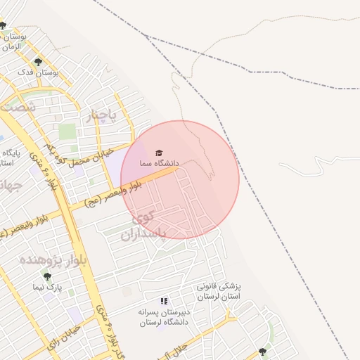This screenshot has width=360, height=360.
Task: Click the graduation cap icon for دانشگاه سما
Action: point(159,153)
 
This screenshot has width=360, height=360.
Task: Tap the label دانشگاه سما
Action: point(159,163)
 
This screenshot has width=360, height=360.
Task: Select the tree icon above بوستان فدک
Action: point(39,62)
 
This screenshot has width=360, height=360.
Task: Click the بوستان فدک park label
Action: point(39,72)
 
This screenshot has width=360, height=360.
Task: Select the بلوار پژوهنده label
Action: point(44,260)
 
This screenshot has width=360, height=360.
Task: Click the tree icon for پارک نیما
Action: point(47,277)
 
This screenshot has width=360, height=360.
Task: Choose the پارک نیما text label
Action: point(47,288)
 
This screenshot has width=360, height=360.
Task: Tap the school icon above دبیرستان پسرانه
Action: point(164,302)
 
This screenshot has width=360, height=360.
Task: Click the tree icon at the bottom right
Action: point(262,352)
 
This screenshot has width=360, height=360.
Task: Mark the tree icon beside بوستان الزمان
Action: point(4,26)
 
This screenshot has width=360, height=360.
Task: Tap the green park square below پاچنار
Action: point(67,131)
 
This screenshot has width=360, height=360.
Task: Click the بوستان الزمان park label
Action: point(13,40)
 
